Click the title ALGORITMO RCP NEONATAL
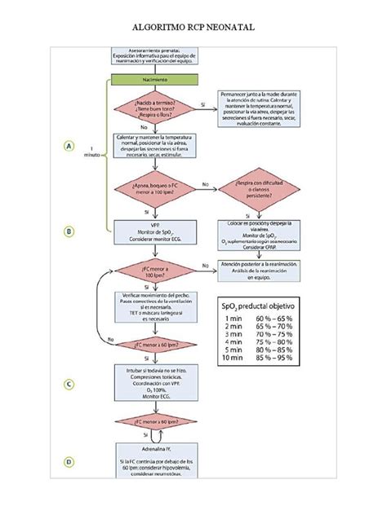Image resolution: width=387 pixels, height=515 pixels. point(193,27)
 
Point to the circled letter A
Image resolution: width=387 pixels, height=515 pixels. point(70,146)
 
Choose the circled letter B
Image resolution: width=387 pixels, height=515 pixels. point(70,231)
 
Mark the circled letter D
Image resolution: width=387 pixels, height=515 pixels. point(70,462)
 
